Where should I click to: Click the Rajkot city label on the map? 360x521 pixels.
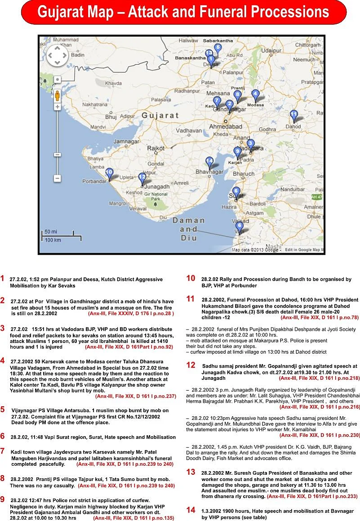tap(156, 147)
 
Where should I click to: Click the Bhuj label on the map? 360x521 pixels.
tap(111, 117)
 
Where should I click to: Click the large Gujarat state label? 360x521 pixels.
tap(160, 116)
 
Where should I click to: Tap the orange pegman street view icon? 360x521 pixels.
tap(58, 96)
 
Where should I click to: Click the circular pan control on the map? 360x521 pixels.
tap(57, 56)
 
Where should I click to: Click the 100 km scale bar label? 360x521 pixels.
tap(53, 240)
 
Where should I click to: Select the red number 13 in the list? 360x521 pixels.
tap(191, 472)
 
